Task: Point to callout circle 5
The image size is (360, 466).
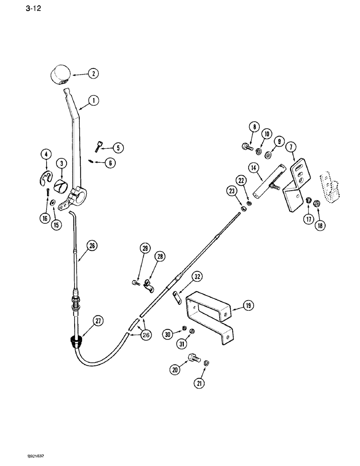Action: tap(118, 148)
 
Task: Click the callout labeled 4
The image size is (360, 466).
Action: tap(46, 154)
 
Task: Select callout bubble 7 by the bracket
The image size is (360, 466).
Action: tap(292, 148)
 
